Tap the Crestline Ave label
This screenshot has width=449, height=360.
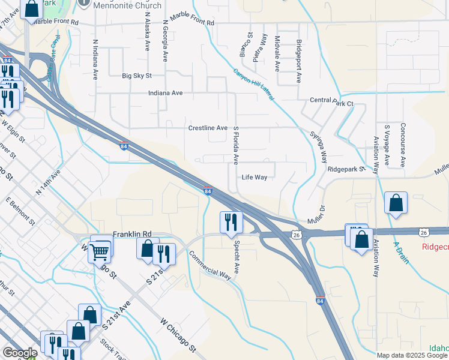(x=208, y=128)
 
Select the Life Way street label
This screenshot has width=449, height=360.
(x=254, y=177)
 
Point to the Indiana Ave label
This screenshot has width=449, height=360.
(x=165, y=94)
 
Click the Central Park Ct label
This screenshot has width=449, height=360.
(x=331, y=103)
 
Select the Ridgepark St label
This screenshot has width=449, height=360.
(x=346, y=169)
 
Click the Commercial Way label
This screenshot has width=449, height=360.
(x=209, y=265)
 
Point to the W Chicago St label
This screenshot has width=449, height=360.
(x=178, y=335)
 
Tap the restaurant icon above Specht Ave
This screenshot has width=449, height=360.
(x=231, y=222)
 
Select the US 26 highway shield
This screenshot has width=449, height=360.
(x=297, y=235)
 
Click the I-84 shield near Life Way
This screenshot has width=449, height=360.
(x=208, y=191)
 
